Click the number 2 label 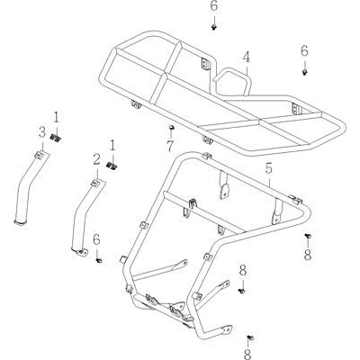coord(96,160)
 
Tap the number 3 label coord(41,132)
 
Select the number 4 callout coord(246,58)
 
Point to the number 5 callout coord(268,169)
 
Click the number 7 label coord(170,146)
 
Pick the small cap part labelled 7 coord(172,128)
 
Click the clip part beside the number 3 coord(55,138)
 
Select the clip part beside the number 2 coord(112,166)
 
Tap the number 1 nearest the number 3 coord(57,118)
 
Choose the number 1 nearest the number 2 coord(112,146)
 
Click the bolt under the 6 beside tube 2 coord(99,260)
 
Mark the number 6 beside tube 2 coord(96,240)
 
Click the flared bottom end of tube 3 coord(21,222)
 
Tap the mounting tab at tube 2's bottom coord(80,252)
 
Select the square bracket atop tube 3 coord(39,155)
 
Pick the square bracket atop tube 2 coord(95,183)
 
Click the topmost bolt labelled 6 coord(214,27)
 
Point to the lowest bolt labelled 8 coord(251,338)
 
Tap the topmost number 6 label coord(214,6)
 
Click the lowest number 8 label coord(247,354)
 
